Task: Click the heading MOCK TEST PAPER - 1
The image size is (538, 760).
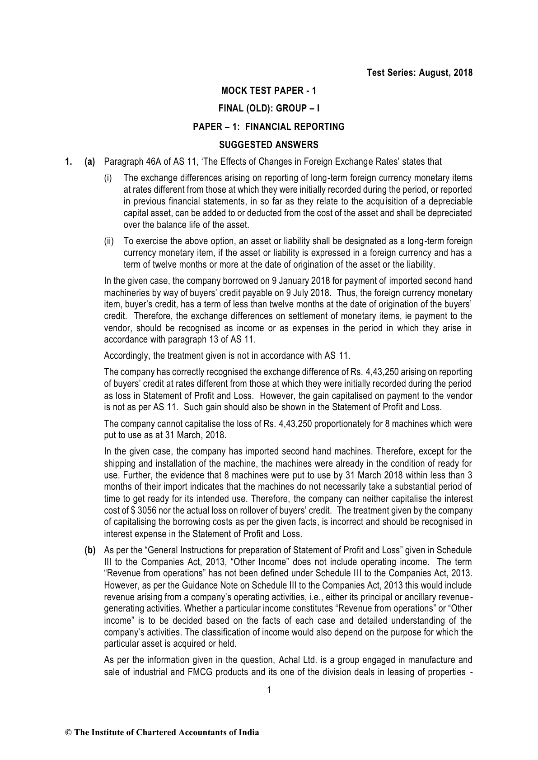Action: pos(269,91)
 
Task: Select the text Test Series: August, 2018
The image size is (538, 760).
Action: pos(420,73)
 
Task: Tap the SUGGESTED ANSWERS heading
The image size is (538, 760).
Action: pos(269,145)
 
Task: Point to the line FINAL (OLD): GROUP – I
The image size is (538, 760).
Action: pos(269,109)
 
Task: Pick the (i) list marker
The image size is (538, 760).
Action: pos(108,178)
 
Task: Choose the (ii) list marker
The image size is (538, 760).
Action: pos(109,241)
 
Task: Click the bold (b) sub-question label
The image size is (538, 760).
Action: pos(90,551)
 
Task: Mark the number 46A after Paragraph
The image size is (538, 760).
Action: pos(154,162)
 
